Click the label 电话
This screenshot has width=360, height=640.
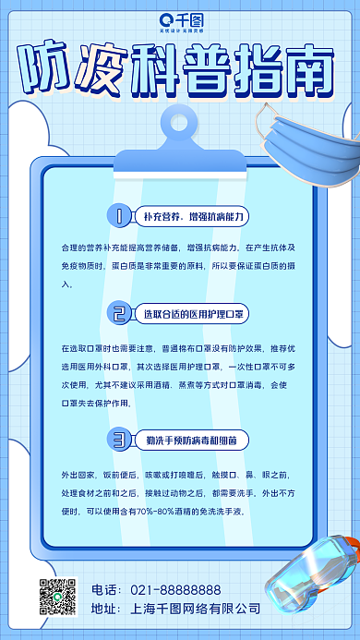pyautogui.click(x=105, y=589)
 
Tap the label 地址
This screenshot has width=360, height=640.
pyautogui.click(x=105, y=609)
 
